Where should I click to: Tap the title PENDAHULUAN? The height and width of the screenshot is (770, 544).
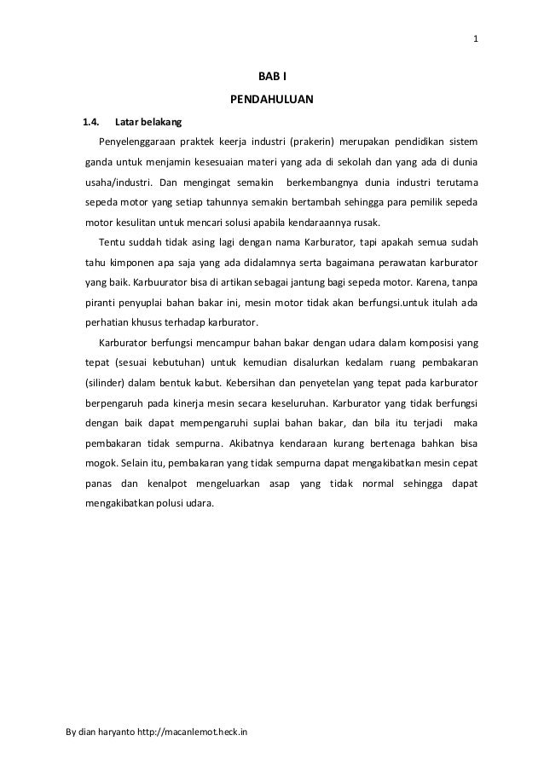272,101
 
